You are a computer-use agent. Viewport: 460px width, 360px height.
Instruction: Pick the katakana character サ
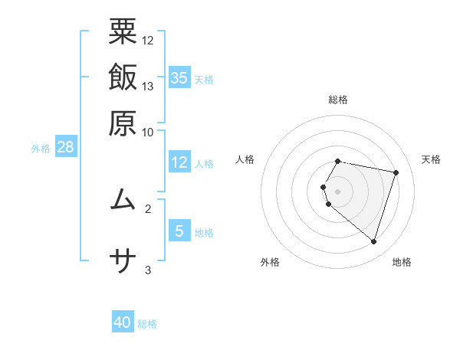coord(123,262)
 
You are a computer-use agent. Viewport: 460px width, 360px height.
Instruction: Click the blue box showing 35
coord(179,77)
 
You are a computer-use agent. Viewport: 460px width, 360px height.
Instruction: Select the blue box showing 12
coord(179,162)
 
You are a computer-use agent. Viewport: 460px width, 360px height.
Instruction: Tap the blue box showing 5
coord(179,231)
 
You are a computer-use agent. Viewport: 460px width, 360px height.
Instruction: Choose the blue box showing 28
coord(65,147)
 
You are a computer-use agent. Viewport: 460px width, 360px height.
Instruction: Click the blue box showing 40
coord(123,322)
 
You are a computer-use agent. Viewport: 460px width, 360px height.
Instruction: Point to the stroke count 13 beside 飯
coord(148,86)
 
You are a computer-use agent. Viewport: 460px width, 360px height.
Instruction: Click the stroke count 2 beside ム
coord(148,208)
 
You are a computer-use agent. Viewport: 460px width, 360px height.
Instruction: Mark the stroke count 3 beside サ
coord(148,270)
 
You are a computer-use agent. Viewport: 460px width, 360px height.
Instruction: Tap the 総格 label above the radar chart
coord(338,100)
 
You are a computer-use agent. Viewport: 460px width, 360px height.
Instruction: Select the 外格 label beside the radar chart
coord(269,262)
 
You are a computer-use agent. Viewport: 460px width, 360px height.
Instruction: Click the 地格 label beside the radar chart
coord(402,262)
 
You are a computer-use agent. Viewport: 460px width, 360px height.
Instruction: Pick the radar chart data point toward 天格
coord(396,172)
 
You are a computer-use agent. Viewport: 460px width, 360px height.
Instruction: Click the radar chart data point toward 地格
coord(373,241)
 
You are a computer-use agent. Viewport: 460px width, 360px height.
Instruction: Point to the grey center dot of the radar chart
coord(338,191)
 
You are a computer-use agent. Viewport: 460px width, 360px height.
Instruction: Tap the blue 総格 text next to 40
coord(147,324)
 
